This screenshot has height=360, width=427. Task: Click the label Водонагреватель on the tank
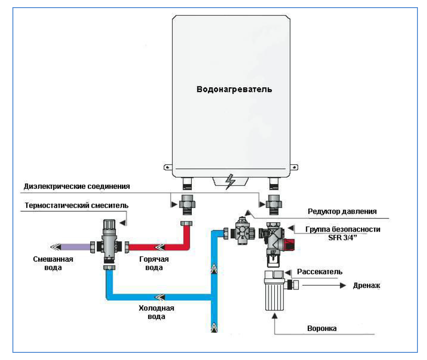tap(234, 89)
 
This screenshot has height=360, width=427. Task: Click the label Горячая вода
tap(154, 264)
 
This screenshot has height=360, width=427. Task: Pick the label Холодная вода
tap(156, 312)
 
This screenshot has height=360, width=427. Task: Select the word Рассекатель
tap(320, 271)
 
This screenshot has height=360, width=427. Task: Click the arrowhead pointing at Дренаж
tap(342, 286)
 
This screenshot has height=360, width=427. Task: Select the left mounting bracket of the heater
tap(167, 167)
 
